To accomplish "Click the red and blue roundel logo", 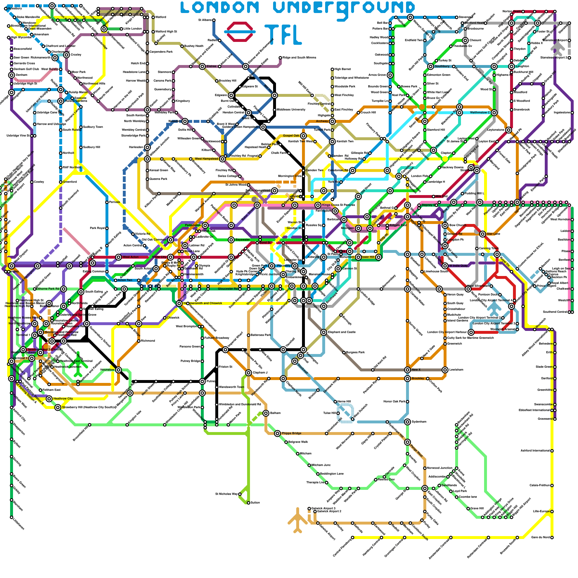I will pos(240,32).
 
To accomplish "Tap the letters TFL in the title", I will pos(283,35).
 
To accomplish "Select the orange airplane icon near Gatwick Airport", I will pos(297,520).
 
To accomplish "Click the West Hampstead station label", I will pos(206,159).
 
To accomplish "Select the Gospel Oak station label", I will pos(291,135).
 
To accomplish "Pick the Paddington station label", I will pos(193,225).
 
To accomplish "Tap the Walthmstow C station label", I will pos(479,112).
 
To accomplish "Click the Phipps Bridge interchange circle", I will pos(277,433).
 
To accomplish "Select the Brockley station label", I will pos(418,378).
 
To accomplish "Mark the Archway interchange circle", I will pos(332,121).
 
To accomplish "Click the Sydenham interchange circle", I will pos(407,422).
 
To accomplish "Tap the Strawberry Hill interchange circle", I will pos(58,407).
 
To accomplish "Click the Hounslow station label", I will pos(107,370).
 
